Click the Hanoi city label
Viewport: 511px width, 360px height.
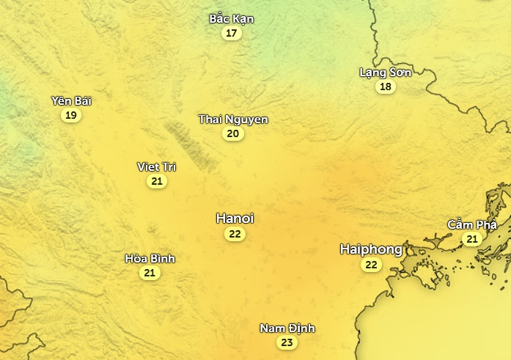[x=235, y=218]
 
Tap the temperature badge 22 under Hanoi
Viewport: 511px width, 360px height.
[x=235, y=234]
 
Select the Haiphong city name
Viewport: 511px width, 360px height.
[x=371, y=249]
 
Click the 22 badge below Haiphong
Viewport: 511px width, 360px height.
[x=371, y=265]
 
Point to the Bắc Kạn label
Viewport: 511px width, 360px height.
[x=232, y=18]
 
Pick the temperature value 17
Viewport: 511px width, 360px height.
[x=232, y=33]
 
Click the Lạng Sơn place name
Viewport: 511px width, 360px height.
[x=386, y=72]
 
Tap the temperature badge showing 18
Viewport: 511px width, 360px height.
[x=386, y=87]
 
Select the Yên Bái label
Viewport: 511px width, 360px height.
[x=71, y=100]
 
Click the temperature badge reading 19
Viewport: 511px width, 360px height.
[x=71, y=115]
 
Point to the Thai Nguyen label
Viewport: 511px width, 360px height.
[x=233, y=119]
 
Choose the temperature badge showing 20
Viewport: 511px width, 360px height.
[x=233, y=133]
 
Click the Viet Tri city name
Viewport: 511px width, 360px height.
[x=157, y=166]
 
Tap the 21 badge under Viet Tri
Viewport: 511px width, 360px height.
[x=157, y=181]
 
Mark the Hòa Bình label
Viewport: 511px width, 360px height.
[x=150, y=258]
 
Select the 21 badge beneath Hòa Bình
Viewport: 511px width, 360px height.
[x=150, y=273]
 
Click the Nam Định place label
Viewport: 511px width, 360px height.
[x=287, y=328]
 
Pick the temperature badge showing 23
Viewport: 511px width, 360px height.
[x=287, y=342]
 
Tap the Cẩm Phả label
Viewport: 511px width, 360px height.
[x=472, y=224]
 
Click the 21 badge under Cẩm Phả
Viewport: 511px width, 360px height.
[x=472, y=239]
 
